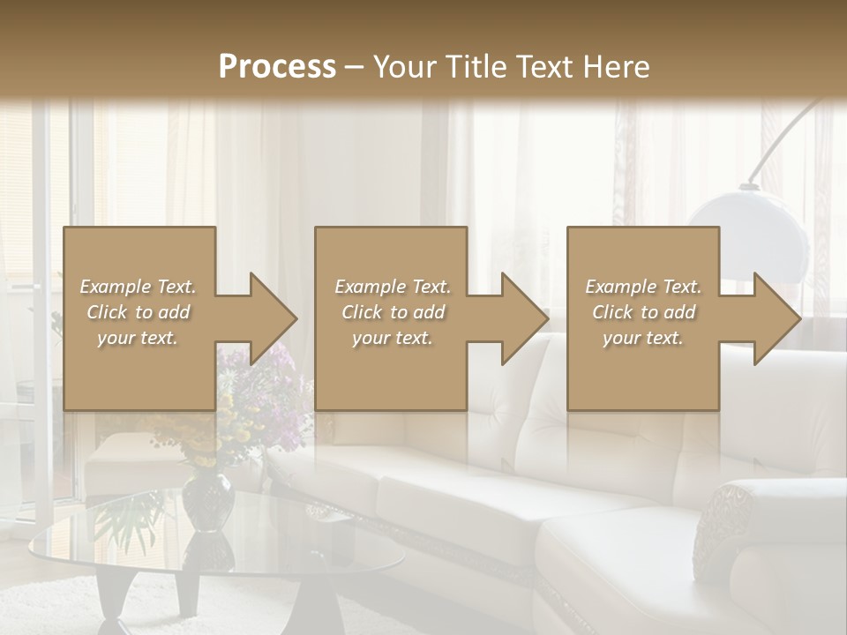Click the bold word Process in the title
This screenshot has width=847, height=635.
pos(277,66)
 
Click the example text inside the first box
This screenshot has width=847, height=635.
pos(138,312)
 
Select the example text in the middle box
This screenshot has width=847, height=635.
pos(392,312)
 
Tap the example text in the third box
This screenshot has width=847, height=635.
pos(643,312)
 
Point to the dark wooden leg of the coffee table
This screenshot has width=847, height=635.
pos(110,600)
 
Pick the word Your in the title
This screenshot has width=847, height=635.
pos(405,67)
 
